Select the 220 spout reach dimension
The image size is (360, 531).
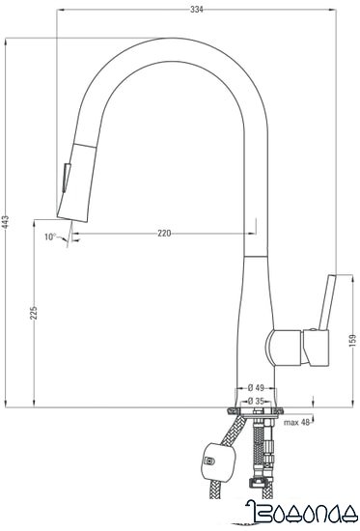pyautogui.click(x=164, y=234)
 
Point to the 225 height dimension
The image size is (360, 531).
pyautogui.click(x=33, y=314)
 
